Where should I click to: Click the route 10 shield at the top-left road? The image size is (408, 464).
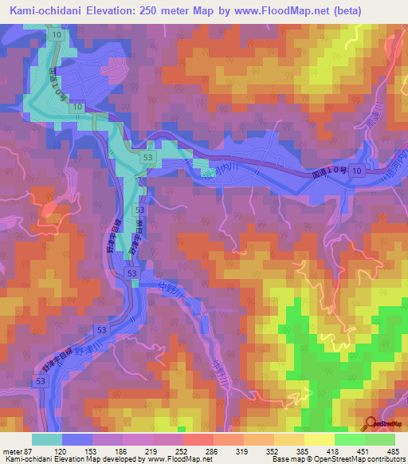[x=56, y=36]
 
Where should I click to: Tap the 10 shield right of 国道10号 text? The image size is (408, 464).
[x=358, y=171]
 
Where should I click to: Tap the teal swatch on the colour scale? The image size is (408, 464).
[x=46, y=439]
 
